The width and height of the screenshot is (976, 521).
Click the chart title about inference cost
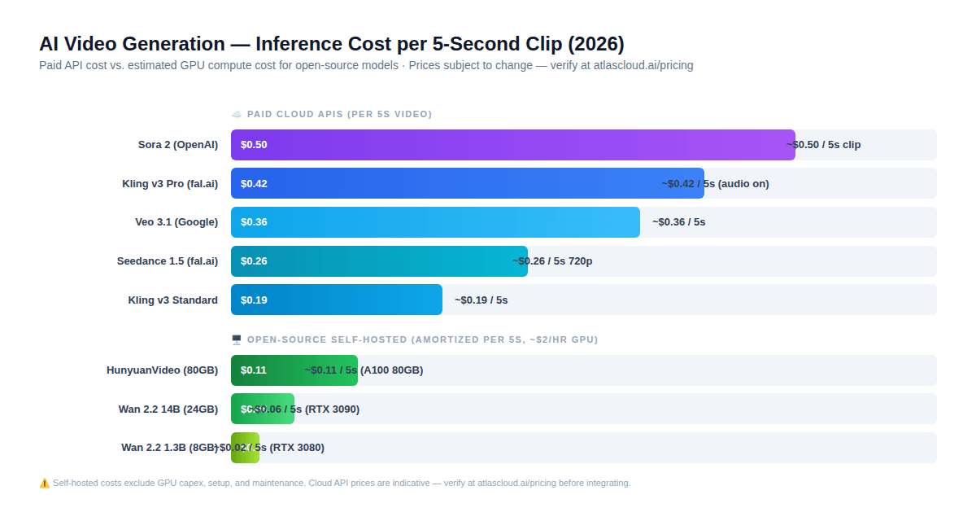332,44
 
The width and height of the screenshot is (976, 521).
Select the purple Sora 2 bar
512,145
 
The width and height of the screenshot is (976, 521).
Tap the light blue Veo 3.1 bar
435,222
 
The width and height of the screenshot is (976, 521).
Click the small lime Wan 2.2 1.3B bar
245,448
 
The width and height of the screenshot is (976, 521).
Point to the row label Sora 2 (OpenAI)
177,145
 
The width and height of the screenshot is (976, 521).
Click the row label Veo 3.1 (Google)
176,222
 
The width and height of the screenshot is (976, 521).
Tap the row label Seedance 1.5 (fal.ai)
167,261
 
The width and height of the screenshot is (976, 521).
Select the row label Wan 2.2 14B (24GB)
168,409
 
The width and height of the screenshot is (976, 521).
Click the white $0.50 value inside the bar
254,145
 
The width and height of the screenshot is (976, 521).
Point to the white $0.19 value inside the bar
254,300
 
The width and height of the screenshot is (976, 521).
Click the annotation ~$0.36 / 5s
678,222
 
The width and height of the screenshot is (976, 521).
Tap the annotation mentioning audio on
715,184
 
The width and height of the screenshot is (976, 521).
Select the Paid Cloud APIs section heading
339,114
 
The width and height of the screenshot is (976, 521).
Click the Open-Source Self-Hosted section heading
422,339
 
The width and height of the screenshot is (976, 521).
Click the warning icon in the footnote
45,483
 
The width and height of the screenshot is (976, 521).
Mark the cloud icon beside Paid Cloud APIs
237,114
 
